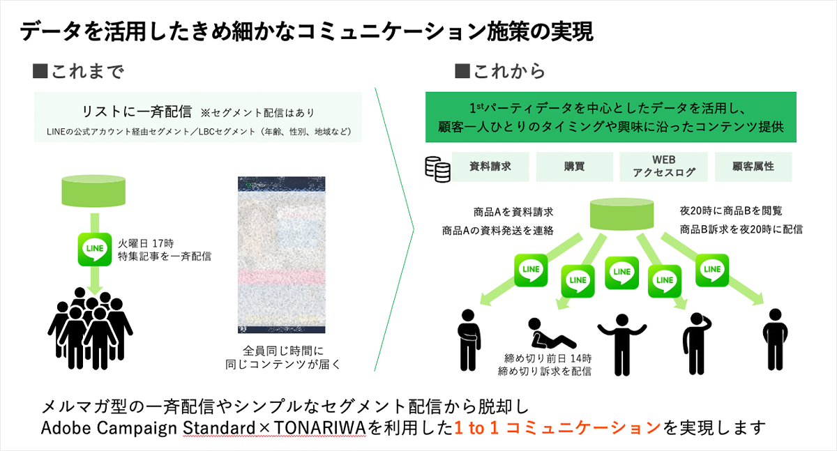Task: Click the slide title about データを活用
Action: coord(306,32)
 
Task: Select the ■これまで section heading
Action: coord(78,72)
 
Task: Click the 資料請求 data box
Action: coord(491,167)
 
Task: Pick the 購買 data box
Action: coord(574,167)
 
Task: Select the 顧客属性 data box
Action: coord(753,167)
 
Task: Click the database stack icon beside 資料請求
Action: coord(437,169)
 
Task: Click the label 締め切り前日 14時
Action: coord(545,358)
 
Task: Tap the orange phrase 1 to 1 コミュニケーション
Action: coord(556,427)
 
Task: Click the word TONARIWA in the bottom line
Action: coord(323,427)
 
